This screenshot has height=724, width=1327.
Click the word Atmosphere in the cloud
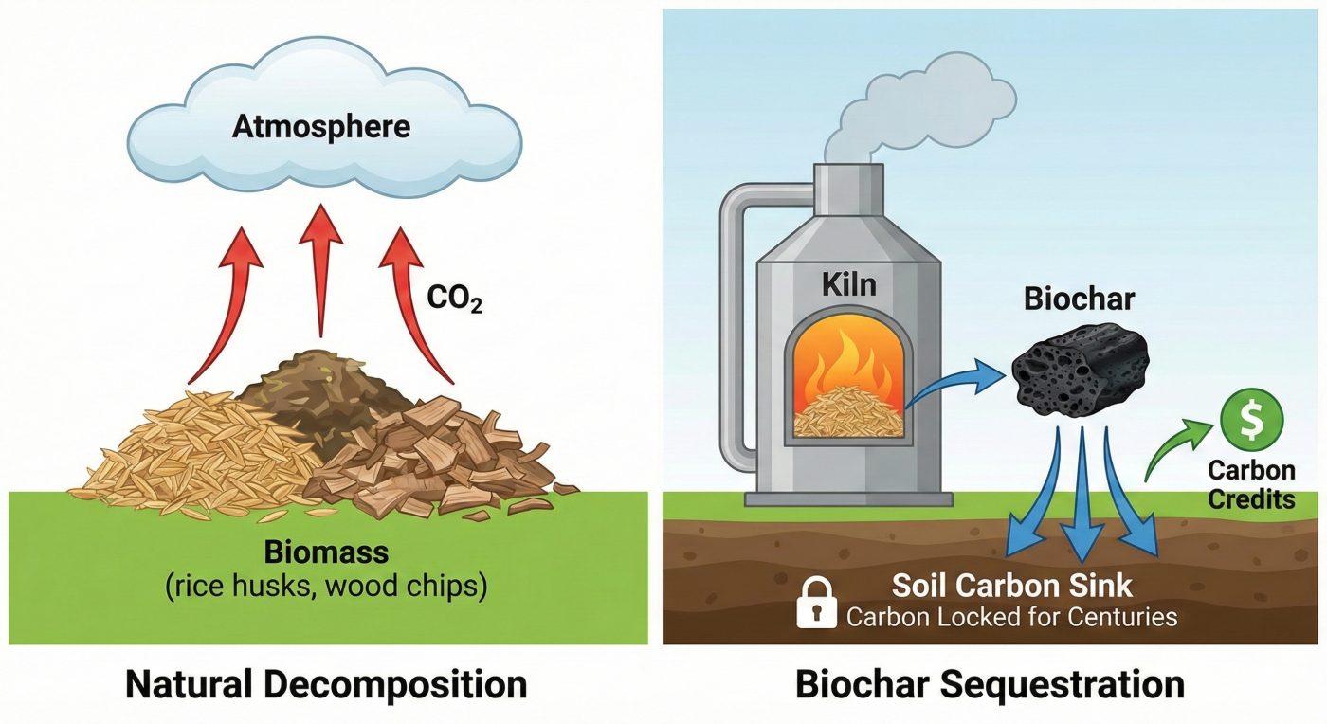(321, 125)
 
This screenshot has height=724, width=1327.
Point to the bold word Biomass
(326, 552)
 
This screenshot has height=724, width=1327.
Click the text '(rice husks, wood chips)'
(326, 587)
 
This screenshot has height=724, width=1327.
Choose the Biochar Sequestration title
(990, 683)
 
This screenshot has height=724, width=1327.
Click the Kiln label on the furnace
(851, 284)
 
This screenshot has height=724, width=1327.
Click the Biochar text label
(1079, 300)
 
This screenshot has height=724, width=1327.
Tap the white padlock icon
(817, 604)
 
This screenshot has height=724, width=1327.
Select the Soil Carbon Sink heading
(1011, 584)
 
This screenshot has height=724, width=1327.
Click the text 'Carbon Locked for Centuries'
(1011, 618)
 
